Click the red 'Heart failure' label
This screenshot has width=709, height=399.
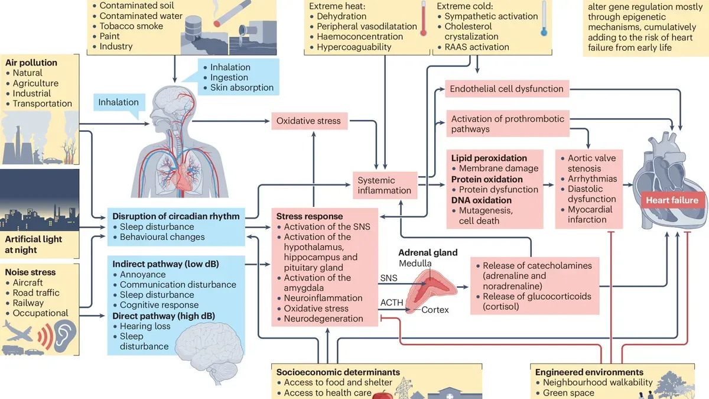click(672, 200)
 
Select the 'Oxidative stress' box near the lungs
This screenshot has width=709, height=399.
click(308, 121)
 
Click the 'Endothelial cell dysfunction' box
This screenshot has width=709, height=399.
click(506, 89)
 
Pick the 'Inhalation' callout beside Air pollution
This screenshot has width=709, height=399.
click(118, 102)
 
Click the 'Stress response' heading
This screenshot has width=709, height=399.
click(309, 216)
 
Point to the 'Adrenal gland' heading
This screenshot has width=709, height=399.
click(428, 252)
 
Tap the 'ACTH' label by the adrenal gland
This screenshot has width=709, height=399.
click(391, 303)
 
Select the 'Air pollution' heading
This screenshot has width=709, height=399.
click(31, 63)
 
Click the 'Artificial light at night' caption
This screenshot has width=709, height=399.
click(33, 244)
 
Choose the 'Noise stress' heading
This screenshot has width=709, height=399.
click(30, 273)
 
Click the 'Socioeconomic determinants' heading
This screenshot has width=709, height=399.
click(338, 372)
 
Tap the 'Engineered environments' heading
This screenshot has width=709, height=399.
click(589, 372)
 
